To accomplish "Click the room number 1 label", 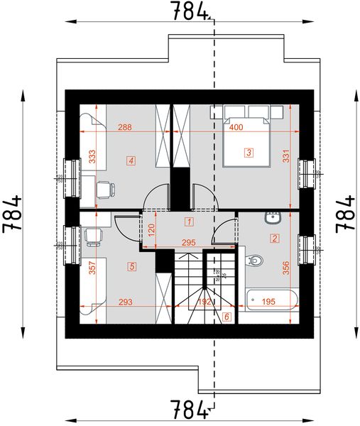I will tap(188, 222).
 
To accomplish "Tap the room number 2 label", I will tap(274, 238).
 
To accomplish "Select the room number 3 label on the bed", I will tap(249, 151).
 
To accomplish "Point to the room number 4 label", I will tap(131, 160).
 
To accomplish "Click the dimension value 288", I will tap(125, 128).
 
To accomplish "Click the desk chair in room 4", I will tap(104, 189).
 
